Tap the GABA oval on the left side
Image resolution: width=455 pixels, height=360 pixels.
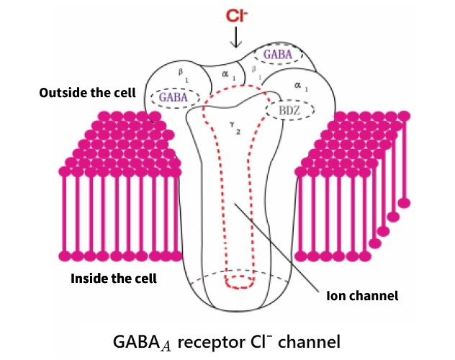pos(174,96)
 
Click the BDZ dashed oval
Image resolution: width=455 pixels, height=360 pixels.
pos(291,109)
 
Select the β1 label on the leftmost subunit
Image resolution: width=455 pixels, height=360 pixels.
pos(181,73)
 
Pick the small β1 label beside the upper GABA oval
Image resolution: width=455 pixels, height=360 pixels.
pos(254,71)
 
